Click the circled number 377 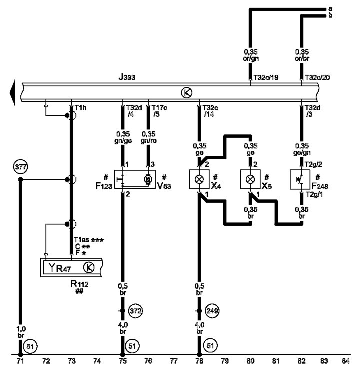[20, 167]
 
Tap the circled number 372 [135, 311]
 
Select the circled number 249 [212, 311]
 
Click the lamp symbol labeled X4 [199, 179]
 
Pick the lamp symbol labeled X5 [250, 179]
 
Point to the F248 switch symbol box [300, 180]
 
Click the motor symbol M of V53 [148, 179]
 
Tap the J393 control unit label [127, 77]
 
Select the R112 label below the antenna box [79, 284]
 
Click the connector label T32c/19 [266, 77]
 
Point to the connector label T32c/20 [317, 77]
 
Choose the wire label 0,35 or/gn [251, 55]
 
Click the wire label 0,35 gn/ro [149, 137]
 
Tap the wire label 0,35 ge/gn [302, 149]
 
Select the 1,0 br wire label [21, 332]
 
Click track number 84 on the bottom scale [346, 361]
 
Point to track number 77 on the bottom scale [173, 361]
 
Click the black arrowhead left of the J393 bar [12, 93]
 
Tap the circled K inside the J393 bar [187, 93]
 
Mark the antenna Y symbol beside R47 [52, 267]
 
